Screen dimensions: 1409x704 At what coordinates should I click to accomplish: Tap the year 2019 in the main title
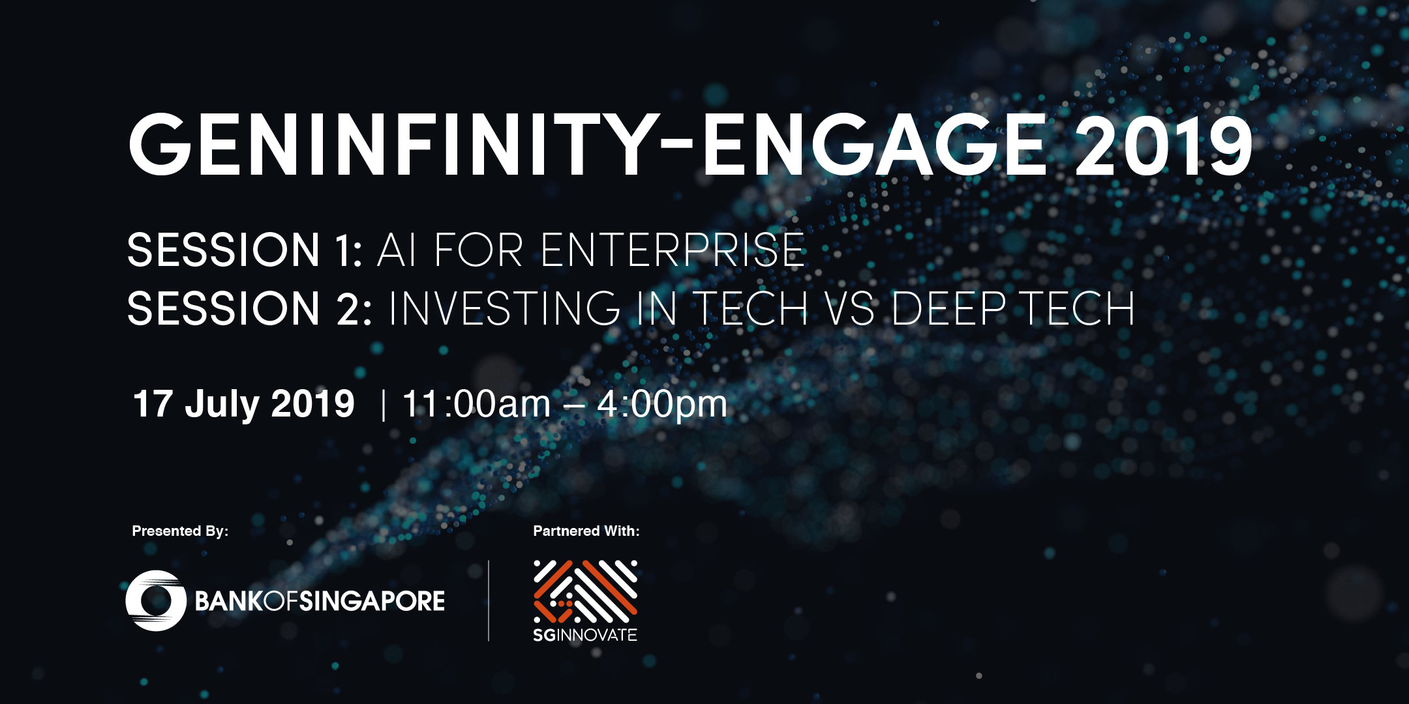pyautogui.click(x=1163, y=145)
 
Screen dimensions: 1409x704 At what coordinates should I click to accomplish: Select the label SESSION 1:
pyautogui.click(x=245, y=250)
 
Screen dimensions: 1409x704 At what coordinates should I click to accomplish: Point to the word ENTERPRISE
pyautogui.click(x=673, y=250)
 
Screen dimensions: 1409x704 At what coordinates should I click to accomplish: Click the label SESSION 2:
pyautogui.click(x=250, y=308)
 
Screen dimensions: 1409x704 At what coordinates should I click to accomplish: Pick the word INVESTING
pyautogui.click(x=504, y=308)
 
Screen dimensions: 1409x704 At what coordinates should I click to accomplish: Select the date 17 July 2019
pyautogui.click(x=244, y=404)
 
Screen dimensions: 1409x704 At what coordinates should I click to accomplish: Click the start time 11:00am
pyautogui.click(x=477, y=404)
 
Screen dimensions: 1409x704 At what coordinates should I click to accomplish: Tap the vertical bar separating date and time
pyautogui.click(x=383, y=405)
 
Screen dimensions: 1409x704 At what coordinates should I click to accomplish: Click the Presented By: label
pyautogui.click(x=180, y=531)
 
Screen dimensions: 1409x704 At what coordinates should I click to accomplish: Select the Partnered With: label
pyautogui.click(x=586, y=531)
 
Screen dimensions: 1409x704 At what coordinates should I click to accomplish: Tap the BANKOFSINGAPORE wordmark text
pyautogui.click(x=320, y=601)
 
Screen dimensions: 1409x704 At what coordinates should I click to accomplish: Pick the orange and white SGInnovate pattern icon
pyautogui.click(x=585, y=591)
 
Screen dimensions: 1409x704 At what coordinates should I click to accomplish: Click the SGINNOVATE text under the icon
pyautogui.click(x=585, y=635)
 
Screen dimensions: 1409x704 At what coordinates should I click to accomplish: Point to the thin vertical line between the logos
pyautogui.click(x=489, y=600)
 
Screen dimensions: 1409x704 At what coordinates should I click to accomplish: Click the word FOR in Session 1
pyautogui.click(x=478, y=250)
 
